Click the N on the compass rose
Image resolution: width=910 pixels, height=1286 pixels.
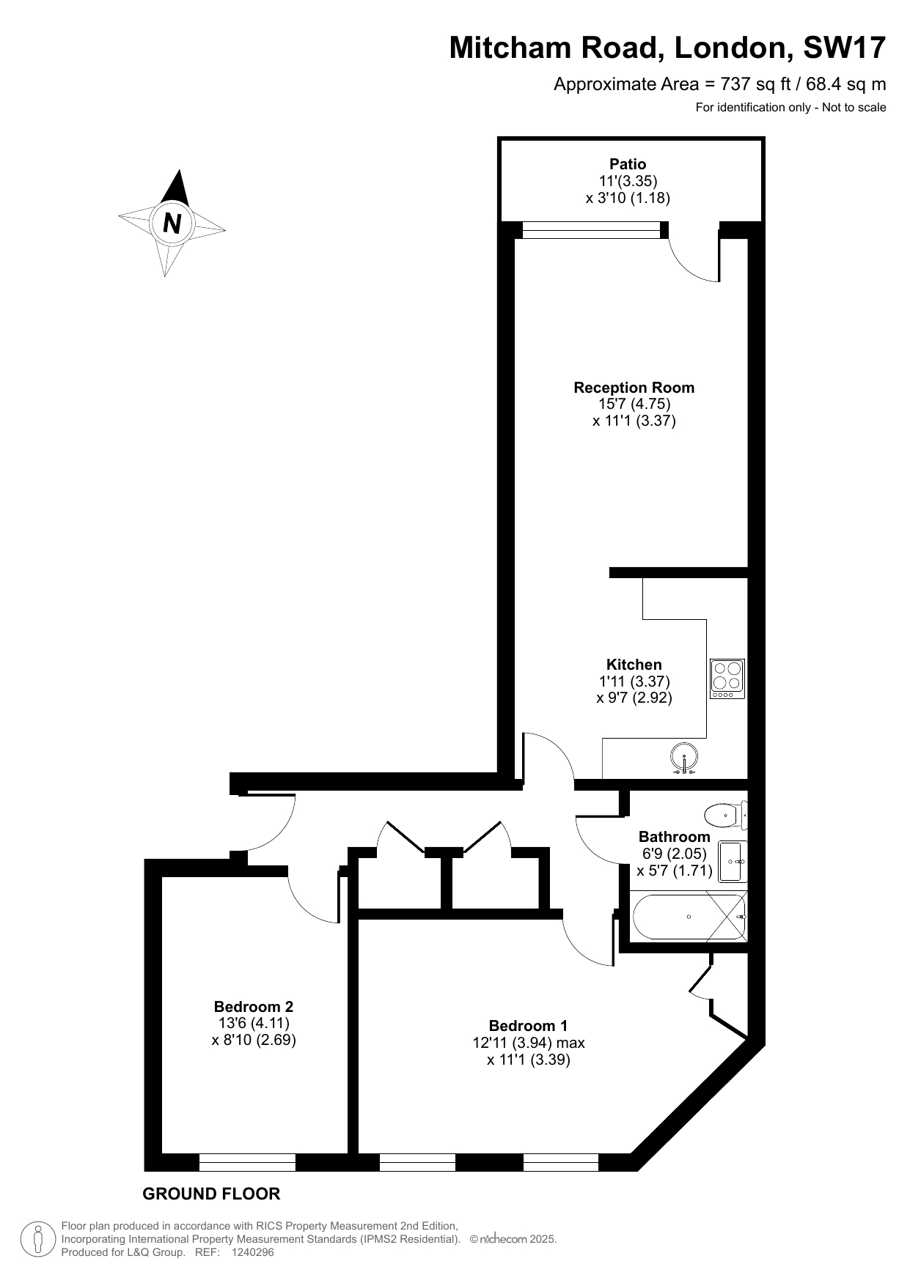click(172, 222)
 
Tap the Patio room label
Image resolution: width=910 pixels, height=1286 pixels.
click(628, 164)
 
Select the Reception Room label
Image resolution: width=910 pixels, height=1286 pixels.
click(634, 388)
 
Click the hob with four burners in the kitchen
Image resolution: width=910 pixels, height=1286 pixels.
click(727, 678)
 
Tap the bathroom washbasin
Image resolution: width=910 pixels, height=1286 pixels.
click(733, 861)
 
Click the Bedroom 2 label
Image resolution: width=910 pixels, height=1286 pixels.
click(254, 1007)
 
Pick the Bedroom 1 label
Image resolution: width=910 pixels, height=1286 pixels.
click(528, 1026)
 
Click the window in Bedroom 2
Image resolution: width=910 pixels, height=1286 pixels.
click(247, 1162)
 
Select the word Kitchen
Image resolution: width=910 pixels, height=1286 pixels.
click(634, 665)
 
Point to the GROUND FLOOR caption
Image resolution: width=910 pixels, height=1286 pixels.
click(211, 1194)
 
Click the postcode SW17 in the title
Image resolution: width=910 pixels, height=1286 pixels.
click(845, 48)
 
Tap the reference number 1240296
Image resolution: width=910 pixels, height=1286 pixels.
click(252, 1252)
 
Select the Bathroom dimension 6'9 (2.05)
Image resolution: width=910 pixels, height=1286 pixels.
click(675, 854)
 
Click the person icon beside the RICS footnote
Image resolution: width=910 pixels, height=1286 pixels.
click(37, 1239)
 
